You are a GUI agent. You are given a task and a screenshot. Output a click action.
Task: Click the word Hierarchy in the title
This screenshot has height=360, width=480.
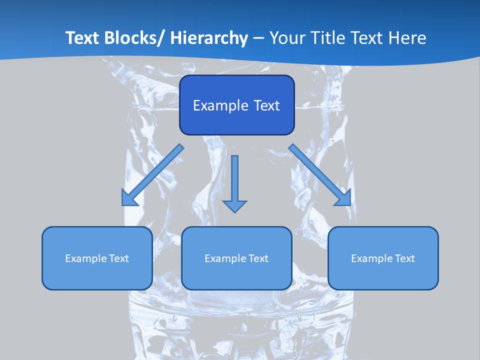(x=209, y=38)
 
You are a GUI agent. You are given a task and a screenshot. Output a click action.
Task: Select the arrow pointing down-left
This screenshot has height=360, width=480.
(x=155, y=173)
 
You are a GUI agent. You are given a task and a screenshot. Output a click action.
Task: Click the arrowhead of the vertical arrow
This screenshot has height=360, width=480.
(x=234, y=205)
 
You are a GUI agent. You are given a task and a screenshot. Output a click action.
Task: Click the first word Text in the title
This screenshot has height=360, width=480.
(x=83, y=38)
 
